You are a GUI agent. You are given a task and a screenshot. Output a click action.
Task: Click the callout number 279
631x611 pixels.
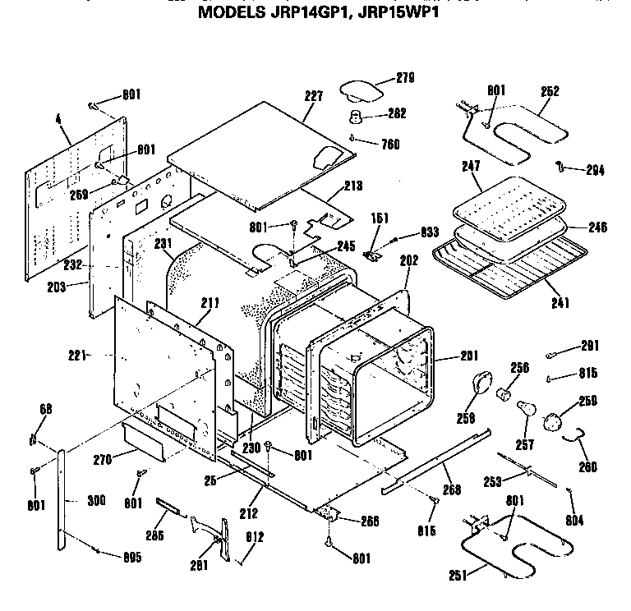pyautogui.click(x=403, y=78)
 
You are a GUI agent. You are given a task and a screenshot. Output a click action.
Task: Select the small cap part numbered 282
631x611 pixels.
pyautogui.click(x=357, y=114)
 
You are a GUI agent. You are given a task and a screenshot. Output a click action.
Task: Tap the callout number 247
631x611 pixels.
pyautogui.click(x=470, y=167)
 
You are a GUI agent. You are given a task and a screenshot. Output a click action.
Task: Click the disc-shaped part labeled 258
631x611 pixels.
pyautogui.click(x=480, y=385)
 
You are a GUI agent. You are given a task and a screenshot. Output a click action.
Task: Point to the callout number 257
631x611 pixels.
pyautogui.click(x=523, y=445)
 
